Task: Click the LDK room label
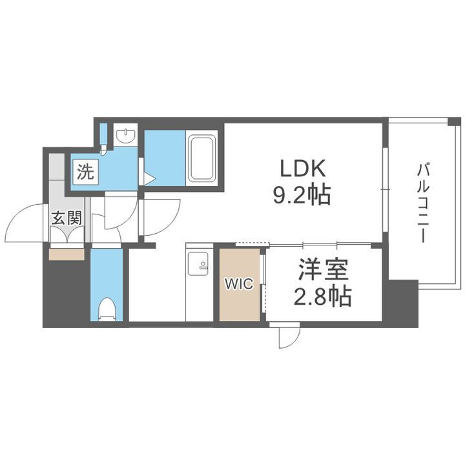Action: point(302,169)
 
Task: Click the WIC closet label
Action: point(234,283)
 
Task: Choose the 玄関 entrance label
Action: point(67,218)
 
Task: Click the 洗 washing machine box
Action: point(85,172)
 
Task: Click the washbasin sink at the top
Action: point(125,136)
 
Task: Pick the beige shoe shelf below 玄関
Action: point(67,253)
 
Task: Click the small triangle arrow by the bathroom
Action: point(149,178)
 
